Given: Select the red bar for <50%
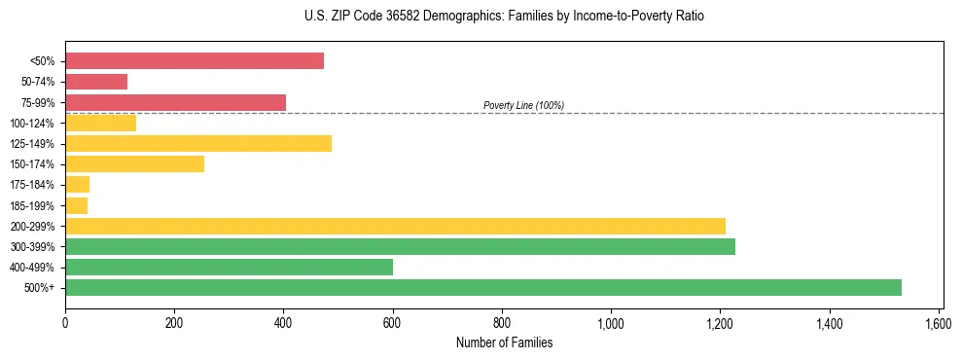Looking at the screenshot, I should [x=195, y=61].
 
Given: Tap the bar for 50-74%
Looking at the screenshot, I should [x=96, y=82].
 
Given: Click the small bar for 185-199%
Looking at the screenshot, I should [x=77, y=205].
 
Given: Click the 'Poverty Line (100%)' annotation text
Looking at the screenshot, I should [x=523, y=105].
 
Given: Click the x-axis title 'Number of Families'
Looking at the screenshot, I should [x=504, y=342].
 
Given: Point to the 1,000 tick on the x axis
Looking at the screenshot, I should [x=611, y=322].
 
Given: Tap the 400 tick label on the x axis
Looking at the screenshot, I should [x=283, y=322].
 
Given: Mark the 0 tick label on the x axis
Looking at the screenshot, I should [x=65, y=322].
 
